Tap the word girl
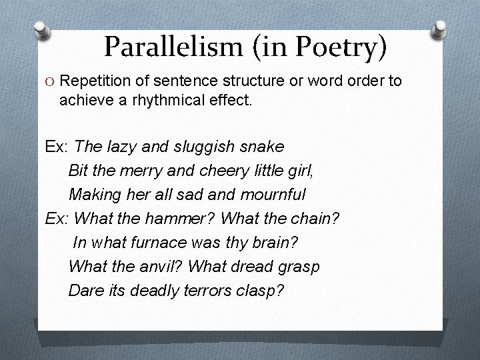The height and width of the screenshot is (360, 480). (x=297, y=170)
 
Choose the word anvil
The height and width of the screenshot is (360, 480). (x=159, y=266)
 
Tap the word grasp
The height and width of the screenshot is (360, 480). (x=295, y=267)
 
